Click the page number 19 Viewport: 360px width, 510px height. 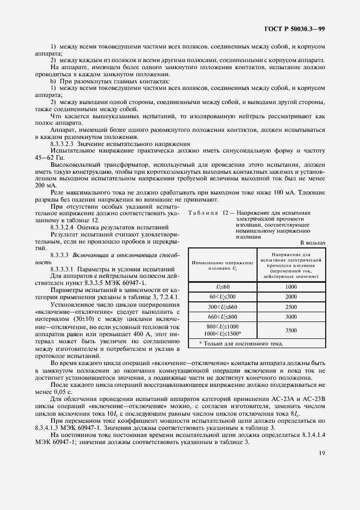point(321,467)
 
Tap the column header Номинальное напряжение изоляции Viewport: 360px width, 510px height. point(222,265)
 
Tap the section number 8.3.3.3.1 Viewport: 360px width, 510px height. point(65,269)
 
